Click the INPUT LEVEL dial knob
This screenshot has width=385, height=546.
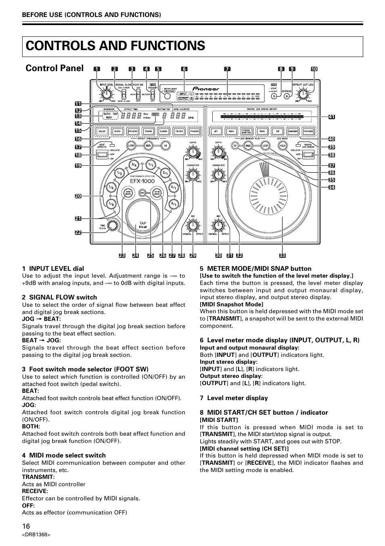tap(106, 94)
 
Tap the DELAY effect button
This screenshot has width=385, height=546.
tap(102, 131)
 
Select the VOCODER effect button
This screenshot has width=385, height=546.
tap(308, 131)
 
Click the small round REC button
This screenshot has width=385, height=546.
tap(142, 193)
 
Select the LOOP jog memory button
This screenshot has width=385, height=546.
tap(265, 145)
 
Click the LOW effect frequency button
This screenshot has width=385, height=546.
tap(131, 145)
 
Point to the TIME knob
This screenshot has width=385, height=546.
tap(113, 226)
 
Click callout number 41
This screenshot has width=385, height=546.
tap(332, 117)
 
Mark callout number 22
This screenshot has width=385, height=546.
tap(78, 232)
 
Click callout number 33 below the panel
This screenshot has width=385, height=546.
tap(282, 255)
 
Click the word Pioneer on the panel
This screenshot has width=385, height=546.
tap(206, 89)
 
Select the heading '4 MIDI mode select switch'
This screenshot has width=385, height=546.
tap(64, 455)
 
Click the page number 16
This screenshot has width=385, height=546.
tap(26, 526)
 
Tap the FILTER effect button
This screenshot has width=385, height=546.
tap(179, 131)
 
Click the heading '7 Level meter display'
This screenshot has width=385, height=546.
tap(234, 398)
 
